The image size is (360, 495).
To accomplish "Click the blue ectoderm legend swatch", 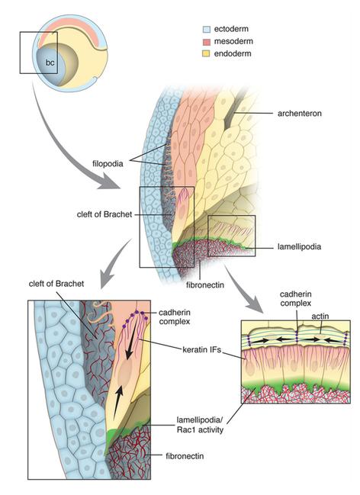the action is (x=206, y=29).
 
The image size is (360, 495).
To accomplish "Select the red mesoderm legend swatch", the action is (x=206, y=42).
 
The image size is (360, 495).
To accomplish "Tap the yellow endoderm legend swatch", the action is (x=206, y=54).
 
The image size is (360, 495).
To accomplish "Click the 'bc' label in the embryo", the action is (x=50, y=63).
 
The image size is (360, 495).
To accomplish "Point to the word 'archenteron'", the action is (x=300, y=114).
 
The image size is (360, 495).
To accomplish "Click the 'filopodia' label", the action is (x=108, y=164).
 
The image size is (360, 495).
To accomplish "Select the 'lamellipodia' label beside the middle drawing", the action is (x=299, y=246).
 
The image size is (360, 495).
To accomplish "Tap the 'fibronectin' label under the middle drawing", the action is (x=205, y=285).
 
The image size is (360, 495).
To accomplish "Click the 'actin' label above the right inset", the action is (x=320, y=316).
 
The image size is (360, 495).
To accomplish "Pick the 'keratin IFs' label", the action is (x=202, y=349).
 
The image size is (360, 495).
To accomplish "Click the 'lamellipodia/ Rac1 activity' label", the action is (x=200, y=425).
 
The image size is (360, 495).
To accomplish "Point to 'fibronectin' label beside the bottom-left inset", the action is (x=185, y=456).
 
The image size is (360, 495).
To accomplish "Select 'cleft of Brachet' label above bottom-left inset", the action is (x=56, y=284).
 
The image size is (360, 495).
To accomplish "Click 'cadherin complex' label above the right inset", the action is (x=296, y=299).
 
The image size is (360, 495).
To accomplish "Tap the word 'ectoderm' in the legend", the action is (x=231, y=29).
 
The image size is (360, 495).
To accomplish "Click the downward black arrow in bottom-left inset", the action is (x=132, y=341).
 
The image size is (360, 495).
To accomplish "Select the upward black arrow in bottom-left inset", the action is (x=117, y=403).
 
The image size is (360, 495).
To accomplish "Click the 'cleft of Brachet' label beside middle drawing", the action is (x=104, y=214).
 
